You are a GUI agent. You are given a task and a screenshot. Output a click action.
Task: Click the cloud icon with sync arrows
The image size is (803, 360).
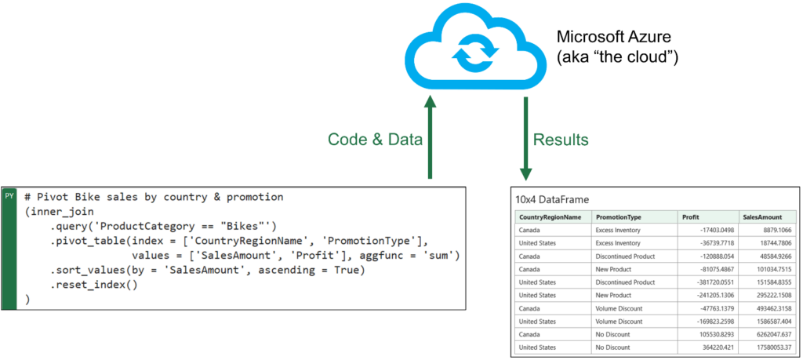[474, 47]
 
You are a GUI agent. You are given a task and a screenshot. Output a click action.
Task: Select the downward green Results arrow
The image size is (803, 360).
[526, 138]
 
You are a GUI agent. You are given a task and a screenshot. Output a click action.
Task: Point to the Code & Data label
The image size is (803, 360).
[375, 140]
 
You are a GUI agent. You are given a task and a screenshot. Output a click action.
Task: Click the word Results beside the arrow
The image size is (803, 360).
[561, 140]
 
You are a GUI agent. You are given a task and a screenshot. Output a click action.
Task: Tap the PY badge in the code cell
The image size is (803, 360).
[9, 195]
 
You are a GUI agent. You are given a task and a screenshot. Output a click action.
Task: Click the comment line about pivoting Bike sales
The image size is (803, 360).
[154, 197]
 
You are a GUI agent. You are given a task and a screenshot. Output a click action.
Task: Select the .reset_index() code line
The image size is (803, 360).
[94, 285]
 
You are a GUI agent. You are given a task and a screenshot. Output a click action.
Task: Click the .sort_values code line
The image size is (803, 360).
[207, 270]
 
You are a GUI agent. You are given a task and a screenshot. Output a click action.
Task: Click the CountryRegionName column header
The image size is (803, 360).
[550, 217]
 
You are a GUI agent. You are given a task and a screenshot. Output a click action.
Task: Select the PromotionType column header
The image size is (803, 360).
[618, 217]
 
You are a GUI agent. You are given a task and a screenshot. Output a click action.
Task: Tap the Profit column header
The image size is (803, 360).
[690, 217]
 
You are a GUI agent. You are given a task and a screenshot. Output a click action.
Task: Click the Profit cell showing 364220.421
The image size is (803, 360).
[715, 347]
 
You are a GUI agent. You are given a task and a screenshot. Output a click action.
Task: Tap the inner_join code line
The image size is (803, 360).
[58, 212]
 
